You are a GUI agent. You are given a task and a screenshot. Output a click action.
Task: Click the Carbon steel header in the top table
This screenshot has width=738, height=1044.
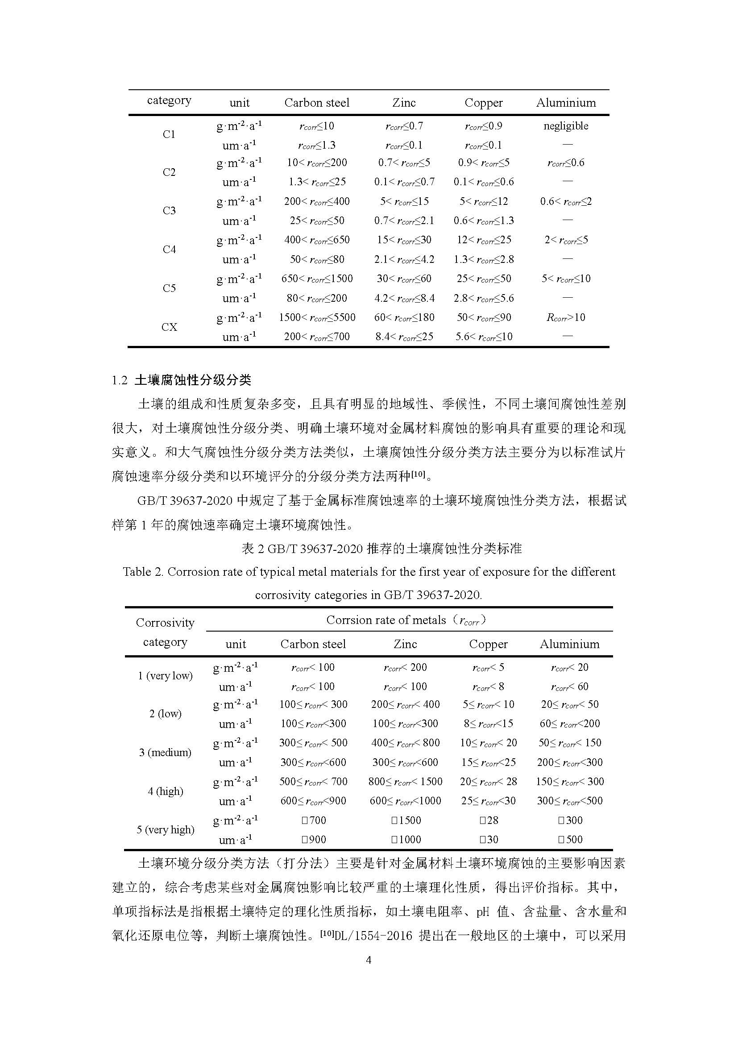pyautogui.click(x=317, y=103)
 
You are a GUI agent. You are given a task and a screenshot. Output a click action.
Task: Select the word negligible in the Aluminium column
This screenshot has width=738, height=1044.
pyautogui.click(x=566, y=126)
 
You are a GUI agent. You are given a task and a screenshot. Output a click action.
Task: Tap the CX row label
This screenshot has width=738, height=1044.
pyautogui.click(x=169, y=327)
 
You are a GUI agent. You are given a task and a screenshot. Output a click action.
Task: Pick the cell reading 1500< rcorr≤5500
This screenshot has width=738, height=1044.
pyautogui.click(x=317, y=317)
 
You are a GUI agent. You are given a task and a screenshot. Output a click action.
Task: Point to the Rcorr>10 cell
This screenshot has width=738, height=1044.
pyautogui.click(x=566, y=317)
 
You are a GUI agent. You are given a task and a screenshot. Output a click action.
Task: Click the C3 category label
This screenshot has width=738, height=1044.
pyautogui.click(x=169, y=211)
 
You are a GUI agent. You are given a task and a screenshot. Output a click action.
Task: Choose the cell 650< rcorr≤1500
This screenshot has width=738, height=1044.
pyautogui.click(x=317, y=279)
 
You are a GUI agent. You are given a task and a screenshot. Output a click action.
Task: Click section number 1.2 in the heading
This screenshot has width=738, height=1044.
pyautogui.click(x=120, y=380)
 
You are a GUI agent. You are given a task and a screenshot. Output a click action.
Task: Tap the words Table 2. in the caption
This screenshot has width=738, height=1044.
pyautogui.click(x=143, y=572)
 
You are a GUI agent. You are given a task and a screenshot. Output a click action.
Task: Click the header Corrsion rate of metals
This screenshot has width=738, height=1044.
pyautogui.click(x=386, y=620)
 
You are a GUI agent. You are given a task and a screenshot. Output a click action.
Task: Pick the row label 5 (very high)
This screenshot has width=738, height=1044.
pyautogui.click(x=166, y=829)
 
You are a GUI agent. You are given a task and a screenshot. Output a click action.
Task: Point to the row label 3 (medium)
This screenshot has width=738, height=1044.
pyautogui.click(x=166, y=752)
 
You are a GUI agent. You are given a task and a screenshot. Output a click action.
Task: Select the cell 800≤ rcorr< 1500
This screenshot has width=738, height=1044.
pyautogui.click(x=405, y=782)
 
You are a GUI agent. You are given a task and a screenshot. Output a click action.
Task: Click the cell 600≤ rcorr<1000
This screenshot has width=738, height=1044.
pyautogui.click(x=405, y=801)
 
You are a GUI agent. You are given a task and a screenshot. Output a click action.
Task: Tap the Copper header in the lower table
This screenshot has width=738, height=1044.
pyautogui.click(x=488, y=645)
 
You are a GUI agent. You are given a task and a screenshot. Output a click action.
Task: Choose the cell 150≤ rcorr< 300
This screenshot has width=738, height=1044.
pyautogui.click(x=569, y=782)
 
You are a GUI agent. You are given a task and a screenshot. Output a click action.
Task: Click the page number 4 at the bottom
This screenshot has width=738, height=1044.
pyautogui.click(x=369, y=960)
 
